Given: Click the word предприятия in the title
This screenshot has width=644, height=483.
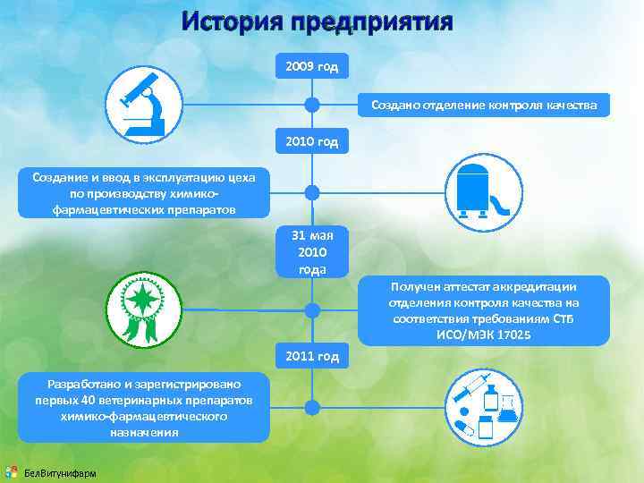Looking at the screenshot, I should (381, 21).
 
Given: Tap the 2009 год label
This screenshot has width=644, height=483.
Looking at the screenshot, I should (312, 67).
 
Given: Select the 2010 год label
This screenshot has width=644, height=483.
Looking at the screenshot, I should (312, 140).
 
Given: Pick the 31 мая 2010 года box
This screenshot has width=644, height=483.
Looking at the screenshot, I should (312, 252).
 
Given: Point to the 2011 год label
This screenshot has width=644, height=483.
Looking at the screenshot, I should (312, 357).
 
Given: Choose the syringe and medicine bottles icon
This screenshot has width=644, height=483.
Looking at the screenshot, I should (484, 407).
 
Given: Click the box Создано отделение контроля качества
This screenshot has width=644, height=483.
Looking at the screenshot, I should (483, 106).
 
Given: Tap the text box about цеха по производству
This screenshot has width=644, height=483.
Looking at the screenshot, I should (143, 193).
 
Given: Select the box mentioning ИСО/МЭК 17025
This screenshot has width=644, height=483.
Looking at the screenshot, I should (484, 310).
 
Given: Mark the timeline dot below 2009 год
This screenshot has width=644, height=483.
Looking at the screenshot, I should (312, 105).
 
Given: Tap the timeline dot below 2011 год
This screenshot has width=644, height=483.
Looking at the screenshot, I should (312, 407).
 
